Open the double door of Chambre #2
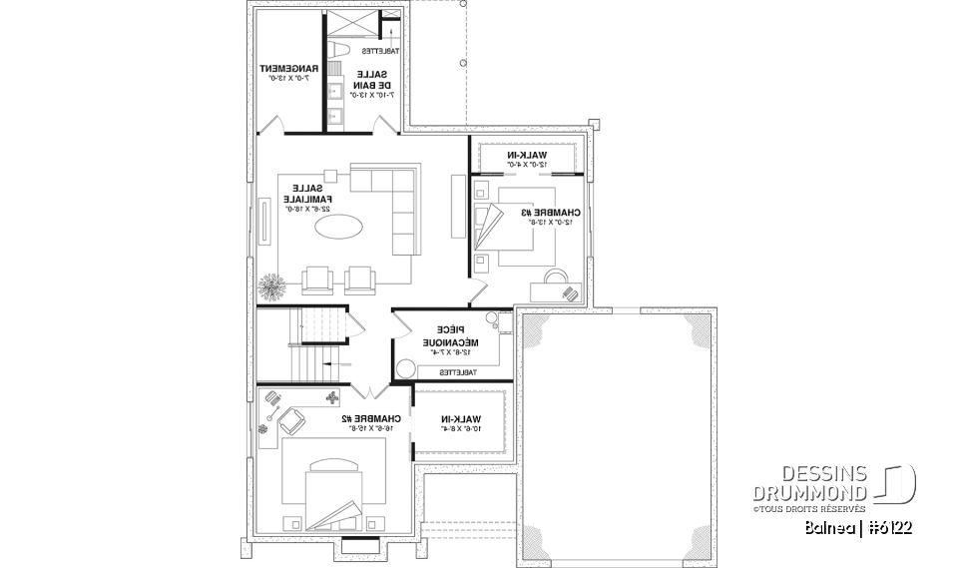pyautogui.click(x=369, y=390)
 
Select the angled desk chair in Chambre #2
pyautogui.click(x=293, y=420)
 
